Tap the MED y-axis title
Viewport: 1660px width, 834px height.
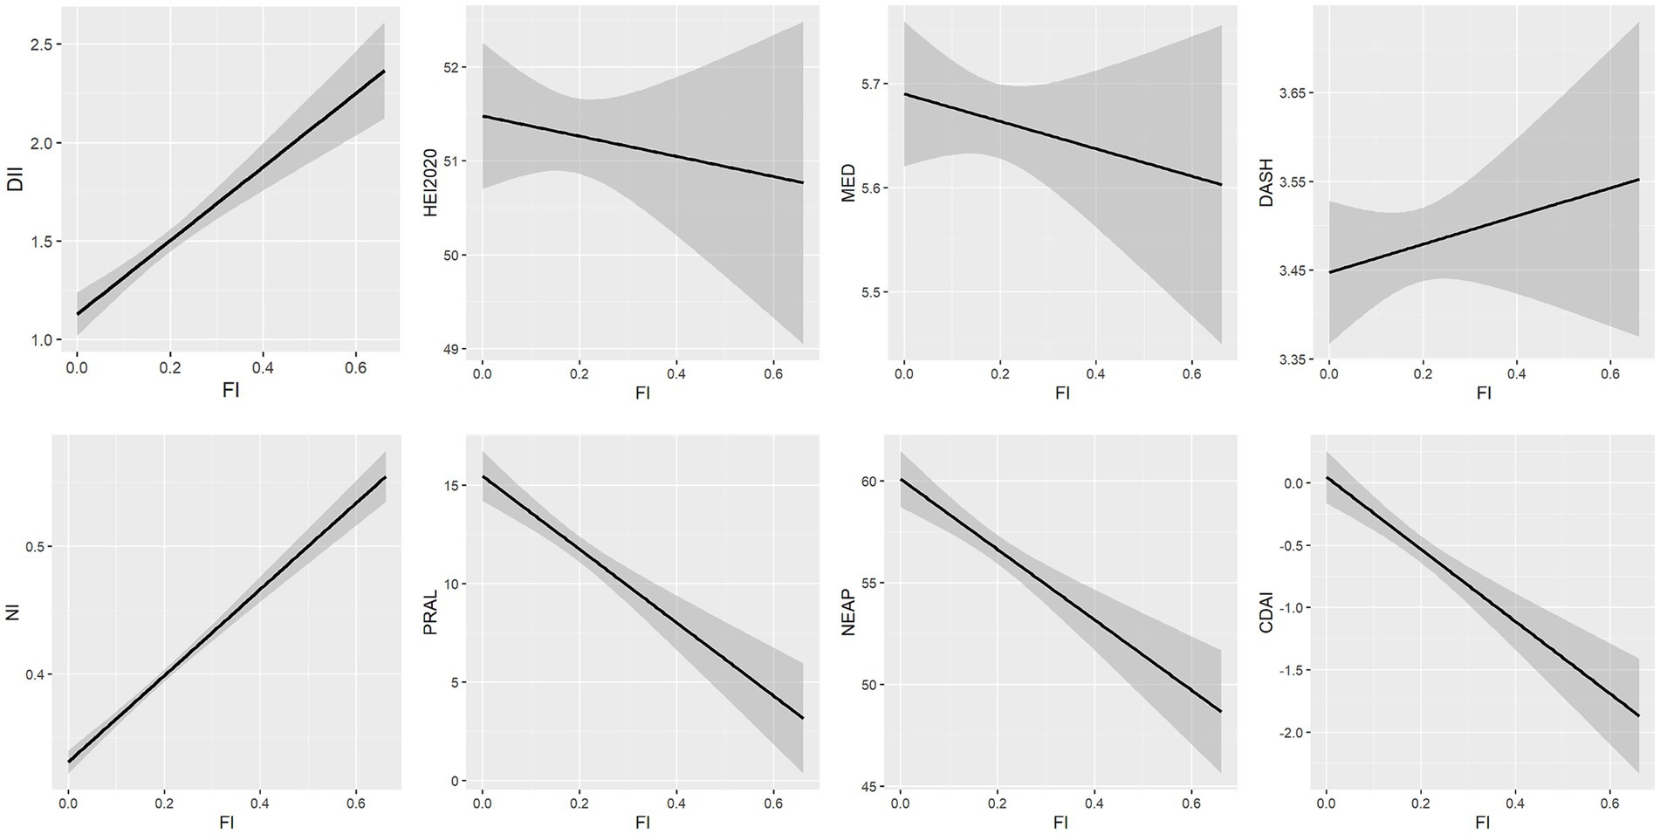(847, 183)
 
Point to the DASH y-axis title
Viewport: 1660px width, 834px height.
(1266, 182)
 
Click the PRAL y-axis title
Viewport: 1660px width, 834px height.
(430, 612)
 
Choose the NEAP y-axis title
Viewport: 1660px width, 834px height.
(847, 612)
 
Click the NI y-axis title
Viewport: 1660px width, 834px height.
(12, 613)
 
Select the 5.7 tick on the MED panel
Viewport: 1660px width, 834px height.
(874, 84)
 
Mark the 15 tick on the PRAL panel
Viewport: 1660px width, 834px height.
(458, 485)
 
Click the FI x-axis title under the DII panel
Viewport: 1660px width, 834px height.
(230, 390)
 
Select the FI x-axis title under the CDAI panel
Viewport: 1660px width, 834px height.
(1483, 822)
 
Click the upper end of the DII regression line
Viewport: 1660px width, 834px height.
(384, 72)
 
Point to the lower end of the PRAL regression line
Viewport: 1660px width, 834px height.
(802, 718)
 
